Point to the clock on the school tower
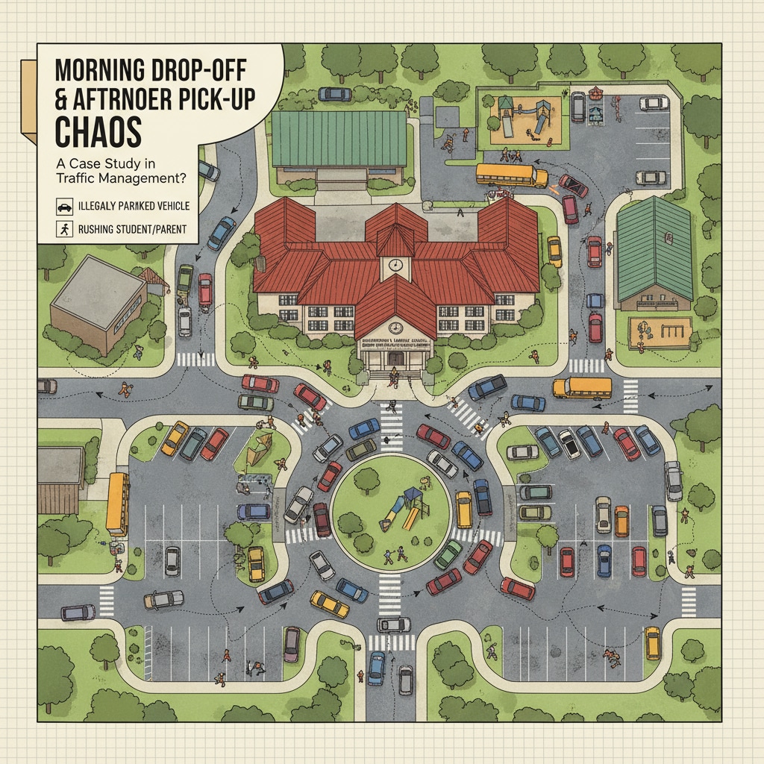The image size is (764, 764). tap(396, 265)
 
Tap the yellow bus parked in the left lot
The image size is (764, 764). tap(118, 504)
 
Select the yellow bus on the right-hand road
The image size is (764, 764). tap(582, 387)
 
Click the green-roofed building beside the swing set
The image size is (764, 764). tap(655, 250)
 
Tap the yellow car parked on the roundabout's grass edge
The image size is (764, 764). tap(463, 509)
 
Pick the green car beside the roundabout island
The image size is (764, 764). tap(448, 554)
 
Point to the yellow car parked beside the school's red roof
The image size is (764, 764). tap(554, 251)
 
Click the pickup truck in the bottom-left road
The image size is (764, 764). tap(163, 598)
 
